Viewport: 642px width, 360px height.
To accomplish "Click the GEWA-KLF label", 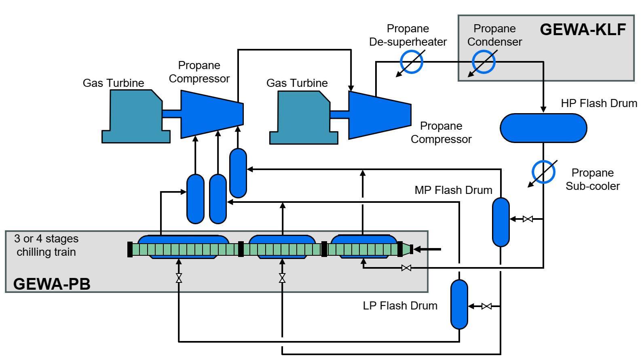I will click(x=583, y=29).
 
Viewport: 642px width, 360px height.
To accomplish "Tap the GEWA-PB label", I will click(x=52, y=284).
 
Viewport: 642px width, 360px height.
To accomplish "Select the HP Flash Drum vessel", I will click(x=543, y=128).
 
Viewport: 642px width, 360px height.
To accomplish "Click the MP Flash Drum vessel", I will click(x=501, y=222).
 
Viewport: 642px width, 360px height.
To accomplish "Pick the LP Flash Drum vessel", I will click(x=459, y=304).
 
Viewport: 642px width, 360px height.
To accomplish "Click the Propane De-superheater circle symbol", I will click(x=412, y=62).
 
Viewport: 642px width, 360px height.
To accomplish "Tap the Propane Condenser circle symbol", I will click(x=484, y=62).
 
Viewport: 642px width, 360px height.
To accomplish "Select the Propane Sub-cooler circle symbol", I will click(x=543, y=172).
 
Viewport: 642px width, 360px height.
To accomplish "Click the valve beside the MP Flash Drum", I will click(x=528, y=219).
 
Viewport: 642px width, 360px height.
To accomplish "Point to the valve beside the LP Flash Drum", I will click(x=486, y=306).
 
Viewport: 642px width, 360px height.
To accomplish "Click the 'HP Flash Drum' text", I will click(x=599, y=103).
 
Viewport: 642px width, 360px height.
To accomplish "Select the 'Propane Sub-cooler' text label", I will click(x=592, y=179).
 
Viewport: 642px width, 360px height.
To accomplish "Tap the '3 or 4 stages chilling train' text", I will click(x=46, y=245).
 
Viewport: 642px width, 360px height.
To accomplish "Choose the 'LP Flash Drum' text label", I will click(x=400, y=305).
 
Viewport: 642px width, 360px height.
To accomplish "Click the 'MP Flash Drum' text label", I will click(x=453, y=190).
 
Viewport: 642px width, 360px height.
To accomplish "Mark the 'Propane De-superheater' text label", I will click(x=408, y=35).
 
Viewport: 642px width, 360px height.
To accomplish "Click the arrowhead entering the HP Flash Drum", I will click(x=543, y=109).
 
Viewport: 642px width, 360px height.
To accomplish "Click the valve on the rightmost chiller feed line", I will click(x=406, y=267).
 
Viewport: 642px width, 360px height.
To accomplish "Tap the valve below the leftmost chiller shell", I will click(x=178, y=278).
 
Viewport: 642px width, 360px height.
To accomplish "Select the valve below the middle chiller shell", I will click(x=282, y=278).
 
